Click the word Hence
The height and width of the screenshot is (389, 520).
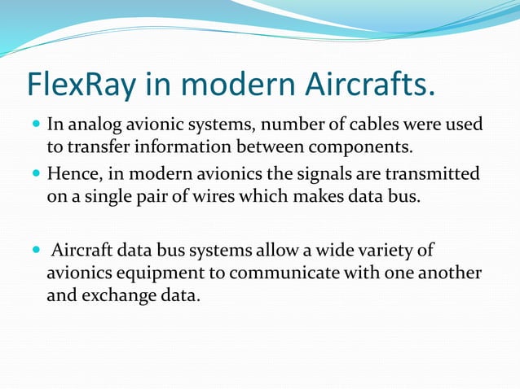[x=71, y=175]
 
